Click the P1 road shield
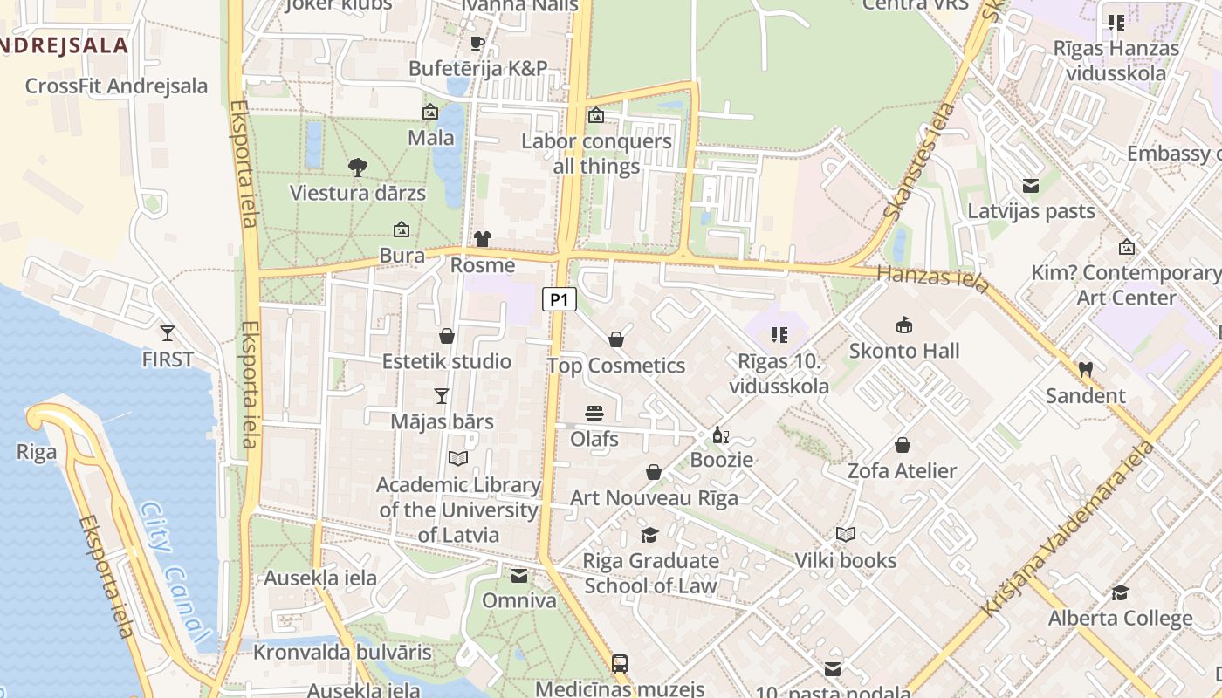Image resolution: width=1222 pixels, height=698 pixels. tap(560, 300)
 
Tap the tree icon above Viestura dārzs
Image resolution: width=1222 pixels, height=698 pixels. tap(357, 168)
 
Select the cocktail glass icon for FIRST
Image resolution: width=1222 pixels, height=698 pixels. tap(167, 332)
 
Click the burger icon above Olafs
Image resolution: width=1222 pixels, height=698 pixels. tap(594, 413)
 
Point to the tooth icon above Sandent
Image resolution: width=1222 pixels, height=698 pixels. tap(1085, 369)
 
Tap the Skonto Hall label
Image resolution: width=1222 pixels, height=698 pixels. tap(904, 351)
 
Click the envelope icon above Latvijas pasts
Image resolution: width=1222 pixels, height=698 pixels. tap(1031, 185)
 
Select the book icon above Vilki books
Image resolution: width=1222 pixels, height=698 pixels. tap(845, 534)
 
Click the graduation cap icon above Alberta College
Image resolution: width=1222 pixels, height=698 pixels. tap(1120, 593)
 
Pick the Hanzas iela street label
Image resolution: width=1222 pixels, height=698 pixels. tap(933, 278)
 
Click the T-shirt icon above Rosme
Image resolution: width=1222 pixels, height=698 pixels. tap(483, 239)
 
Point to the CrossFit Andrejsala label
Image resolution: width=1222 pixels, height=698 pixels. tap(116, 86)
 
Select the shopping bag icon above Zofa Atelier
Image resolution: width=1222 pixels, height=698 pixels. tap(903, 445)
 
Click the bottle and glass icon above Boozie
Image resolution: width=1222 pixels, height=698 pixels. tap(721, 435)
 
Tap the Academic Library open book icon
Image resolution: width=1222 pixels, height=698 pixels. tap(458, 458)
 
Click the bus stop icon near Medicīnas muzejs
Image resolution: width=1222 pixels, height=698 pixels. tap(620, 663)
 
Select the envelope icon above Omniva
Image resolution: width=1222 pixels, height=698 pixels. tap(519, 576)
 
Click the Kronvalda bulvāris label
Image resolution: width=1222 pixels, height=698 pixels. tap(342, 652)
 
